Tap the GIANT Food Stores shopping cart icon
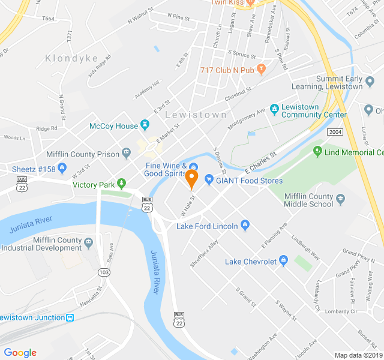(x=209, y=178)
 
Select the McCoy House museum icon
(x=145, y=125)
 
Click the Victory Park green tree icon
(x=122, y=183)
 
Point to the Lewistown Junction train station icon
(x=70, y=317)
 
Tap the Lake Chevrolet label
(x=251, y=262)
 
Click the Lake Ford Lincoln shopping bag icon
(x=245, y=225)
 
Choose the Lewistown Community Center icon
(x=274, y=109)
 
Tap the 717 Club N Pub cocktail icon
(x=260, y=70)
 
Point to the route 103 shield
(x=105, y=272)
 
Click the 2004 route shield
(x=334, y=131)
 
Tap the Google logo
(x=20, y=353)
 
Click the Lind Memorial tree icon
(x=317, y=152)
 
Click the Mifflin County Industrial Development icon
(x=89, y=242)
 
